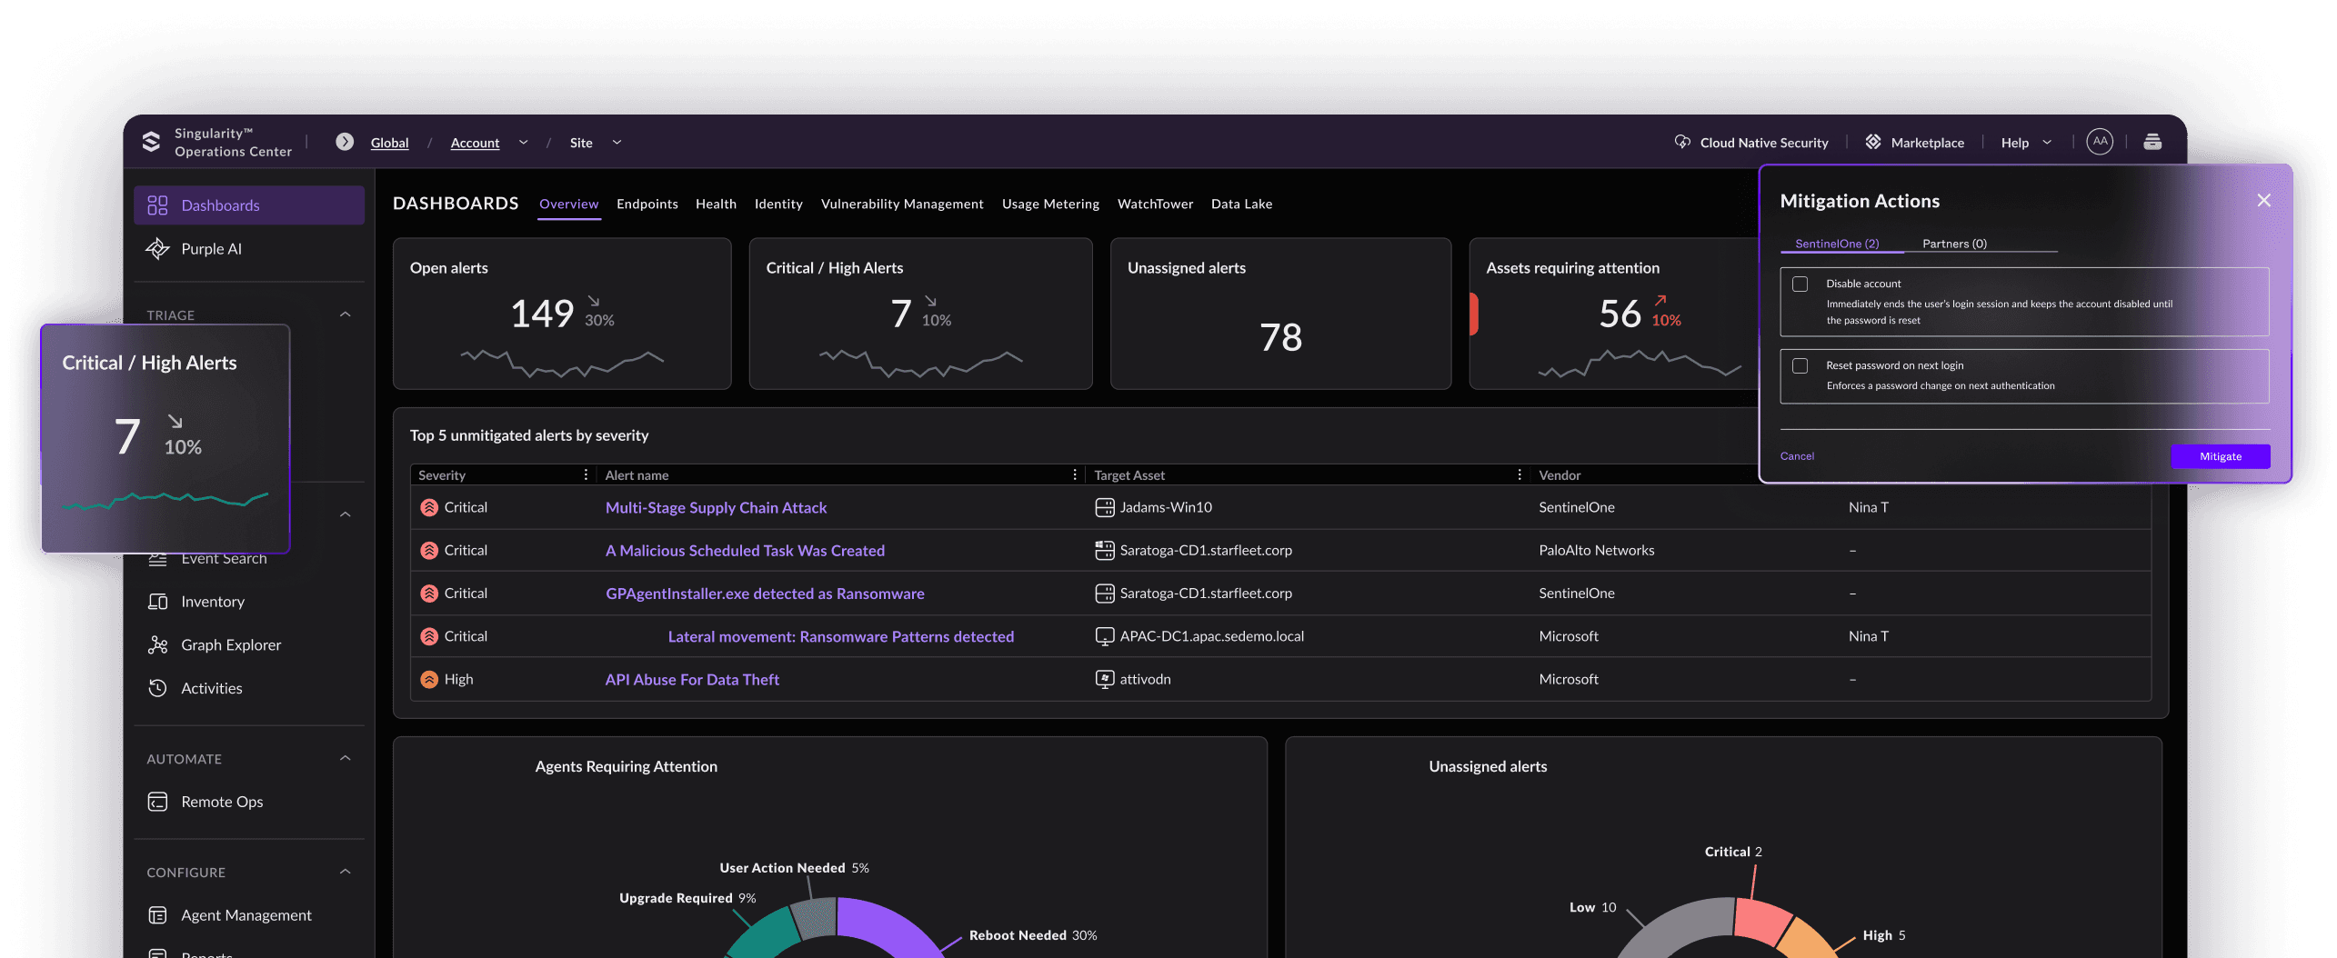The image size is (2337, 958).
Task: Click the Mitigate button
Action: pyautogui.click(x=2220, y=456)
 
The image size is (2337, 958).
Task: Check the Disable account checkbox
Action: pyautogui.click(x=1800, y=284)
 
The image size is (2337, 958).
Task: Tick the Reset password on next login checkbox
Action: pyautogui.click(x=1800, y=365)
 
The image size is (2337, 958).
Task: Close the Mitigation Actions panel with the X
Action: pyautogui.click(x=2263, y=201)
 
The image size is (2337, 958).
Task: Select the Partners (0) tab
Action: pyautogui.click(x=1954, y=244)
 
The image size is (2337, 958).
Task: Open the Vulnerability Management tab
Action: pyautogui.click(x=902, y=204)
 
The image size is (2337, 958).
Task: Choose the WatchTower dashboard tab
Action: pyautogui.click(x=1155, y=204)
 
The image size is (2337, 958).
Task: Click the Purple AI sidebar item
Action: pyautogui.click(x=211, y=249)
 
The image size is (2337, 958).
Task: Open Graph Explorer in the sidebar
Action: pyautogui.click(x=231, y=645)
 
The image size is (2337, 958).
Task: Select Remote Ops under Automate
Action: pyautogui.click(x=222, y=802)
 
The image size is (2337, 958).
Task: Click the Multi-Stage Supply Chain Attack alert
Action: pyautogui.click(x=716, y=508)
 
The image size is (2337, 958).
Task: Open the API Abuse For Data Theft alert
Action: pyautogui.click(x=692, y=680)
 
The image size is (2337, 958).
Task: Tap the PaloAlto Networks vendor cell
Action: pyautogui.click(x=1596, y=551)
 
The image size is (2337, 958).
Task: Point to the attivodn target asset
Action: pyautogui.click(x=1145, y=680)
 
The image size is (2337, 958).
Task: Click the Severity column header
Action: pyautogui.click(x=442, y=475)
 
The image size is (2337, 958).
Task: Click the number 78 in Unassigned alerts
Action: pyautogui.click(x=1280, y=338)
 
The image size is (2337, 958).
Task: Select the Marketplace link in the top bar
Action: pyautogui.click(x=1927, y=143)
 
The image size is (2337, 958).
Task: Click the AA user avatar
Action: pyautogui.click(x=2100, y=142)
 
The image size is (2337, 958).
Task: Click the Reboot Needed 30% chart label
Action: pyautogui.click(x=1033, y=935)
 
